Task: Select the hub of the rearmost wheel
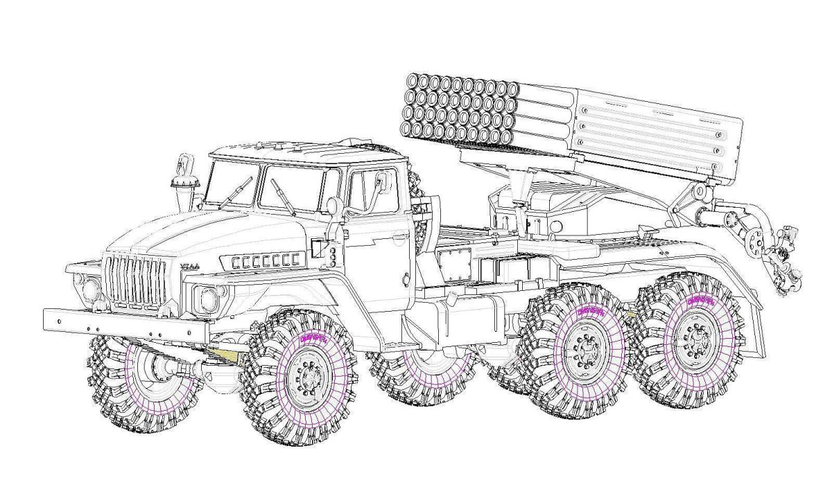(x=692, y=340)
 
